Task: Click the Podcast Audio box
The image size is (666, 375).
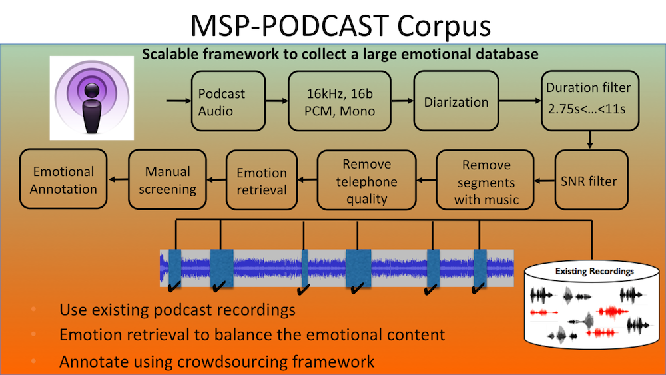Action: click(222, 103)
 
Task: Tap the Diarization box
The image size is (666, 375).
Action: click(456, 103)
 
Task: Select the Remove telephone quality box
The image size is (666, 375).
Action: click(366, 181)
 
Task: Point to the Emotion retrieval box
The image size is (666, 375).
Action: click(262, 181)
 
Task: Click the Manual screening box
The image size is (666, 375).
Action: click(167, 180)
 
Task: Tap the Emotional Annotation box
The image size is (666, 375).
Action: click(64, 180)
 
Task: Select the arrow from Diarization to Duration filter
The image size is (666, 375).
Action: click(519, 103)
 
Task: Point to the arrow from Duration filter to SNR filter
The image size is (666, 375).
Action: click(590, 139)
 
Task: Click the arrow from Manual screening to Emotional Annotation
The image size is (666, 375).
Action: click(118, 179)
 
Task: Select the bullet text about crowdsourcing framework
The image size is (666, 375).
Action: click(217, 362)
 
